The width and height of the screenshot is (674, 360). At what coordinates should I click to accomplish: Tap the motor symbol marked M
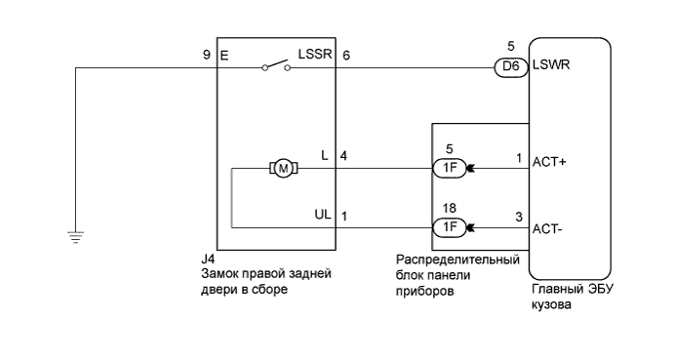click(284, 168)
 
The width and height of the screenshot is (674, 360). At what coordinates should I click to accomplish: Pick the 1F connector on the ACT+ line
click(449, 168)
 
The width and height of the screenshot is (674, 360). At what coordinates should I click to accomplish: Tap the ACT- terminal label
click(549, 229)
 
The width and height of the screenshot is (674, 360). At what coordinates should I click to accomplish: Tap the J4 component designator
click(205, 260)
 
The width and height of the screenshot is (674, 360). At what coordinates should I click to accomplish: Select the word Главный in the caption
click(554, 290)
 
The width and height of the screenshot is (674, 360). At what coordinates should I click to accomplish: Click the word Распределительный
click(454, 260)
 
